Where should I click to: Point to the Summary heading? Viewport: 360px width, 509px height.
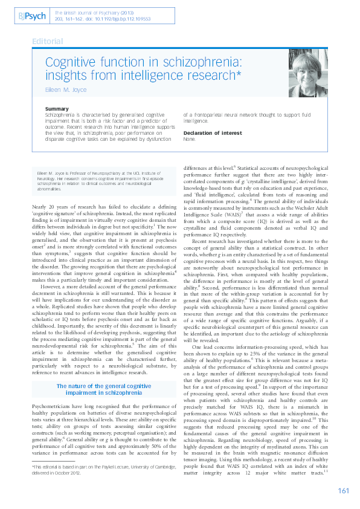click(x=57, y=109)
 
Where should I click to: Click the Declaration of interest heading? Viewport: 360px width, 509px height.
click(x=212, y=132)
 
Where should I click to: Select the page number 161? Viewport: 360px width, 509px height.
click(x=344, y=490)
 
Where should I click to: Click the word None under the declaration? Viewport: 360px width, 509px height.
click(x=190, y=138)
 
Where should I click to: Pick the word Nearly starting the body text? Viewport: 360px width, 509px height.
click(x=40, y=207)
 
